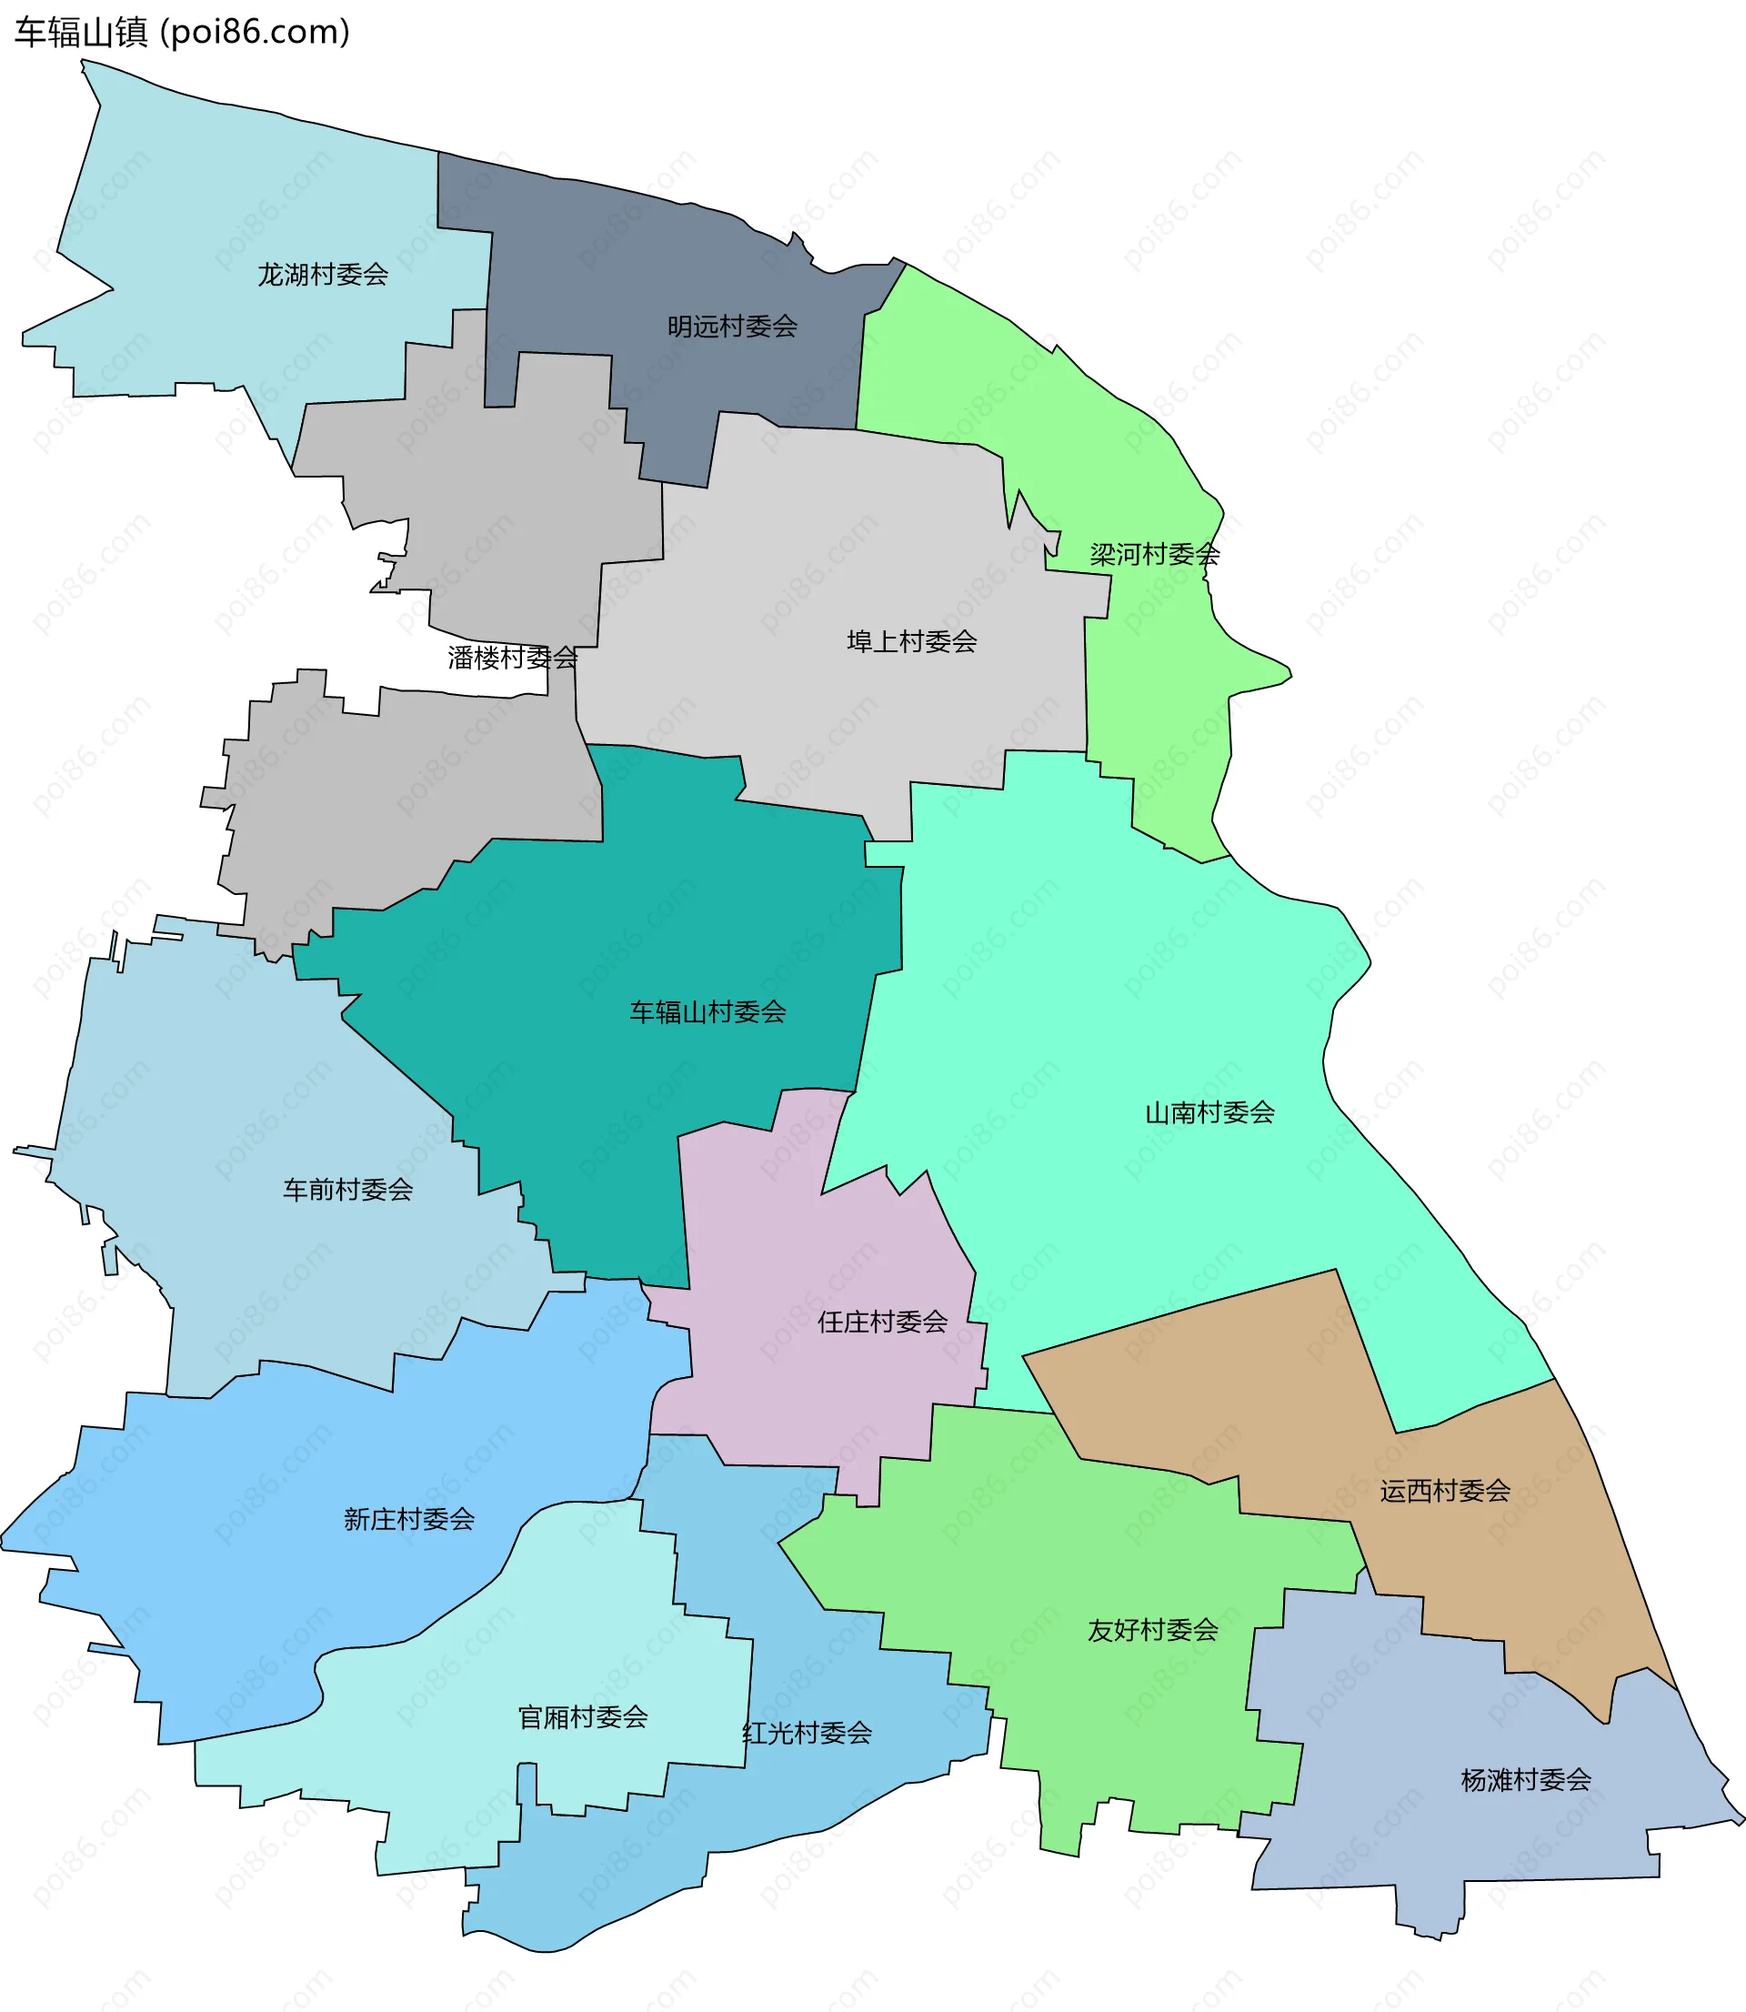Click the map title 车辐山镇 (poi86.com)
click(182, 32)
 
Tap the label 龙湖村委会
click(323, 275)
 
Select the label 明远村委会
click(732, 327)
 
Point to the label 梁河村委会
click(1155, 555)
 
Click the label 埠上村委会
click(911, 641)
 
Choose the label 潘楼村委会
click(513, 658)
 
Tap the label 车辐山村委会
click(707, 1012)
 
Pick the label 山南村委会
click(1209, 1112)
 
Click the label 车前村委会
click(347, 1190)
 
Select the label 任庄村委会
click(882, 1323)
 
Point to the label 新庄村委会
click(409, 1519)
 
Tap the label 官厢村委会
click(583, 1716)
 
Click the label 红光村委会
click(807, 1734)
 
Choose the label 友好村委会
click(1153, 1630)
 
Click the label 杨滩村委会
click(1526, 1780)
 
